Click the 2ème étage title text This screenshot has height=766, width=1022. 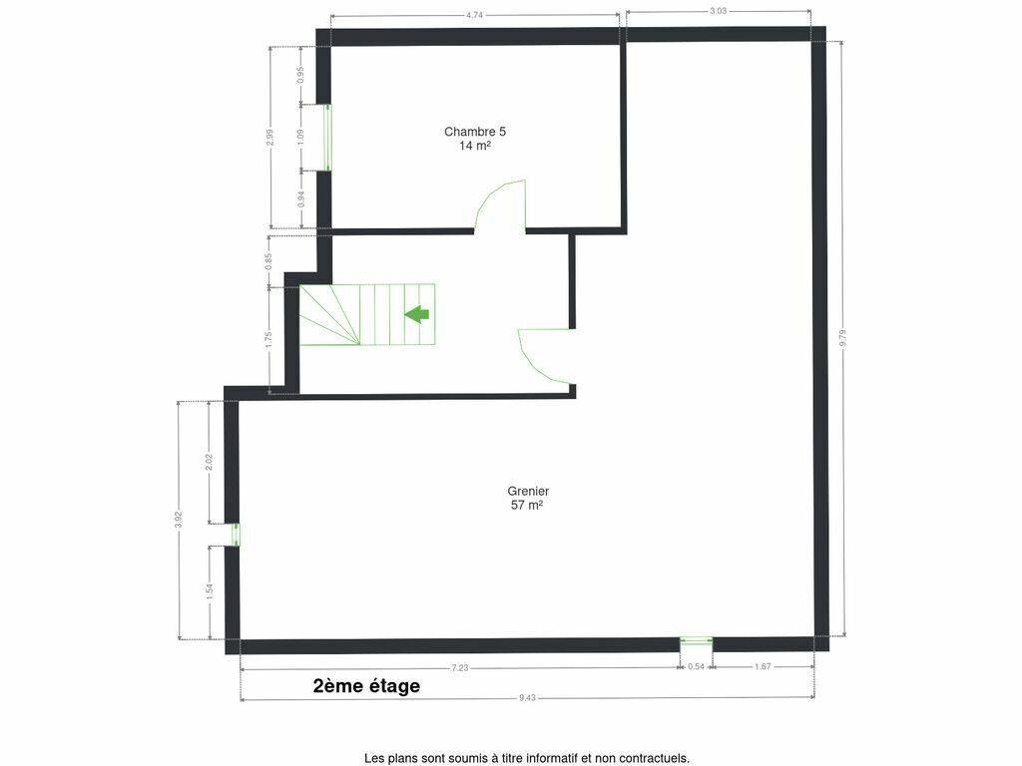366,686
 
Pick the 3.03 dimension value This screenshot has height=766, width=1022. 719,10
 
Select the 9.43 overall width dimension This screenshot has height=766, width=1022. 527,697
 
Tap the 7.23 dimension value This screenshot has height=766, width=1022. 460,667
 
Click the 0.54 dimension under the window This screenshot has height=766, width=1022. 696,667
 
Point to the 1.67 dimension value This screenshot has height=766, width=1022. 763,667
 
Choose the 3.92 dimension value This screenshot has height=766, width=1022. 179,521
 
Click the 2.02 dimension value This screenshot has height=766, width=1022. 210,462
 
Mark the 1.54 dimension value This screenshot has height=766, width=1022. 210,592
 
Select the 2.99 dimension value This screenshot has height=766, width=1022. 270,138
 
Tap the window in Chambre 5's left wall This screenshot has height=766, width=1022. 327,138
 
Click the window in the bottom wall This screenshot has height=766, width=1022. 696,641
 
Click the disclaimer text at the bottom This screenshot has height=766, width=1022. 527,758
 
